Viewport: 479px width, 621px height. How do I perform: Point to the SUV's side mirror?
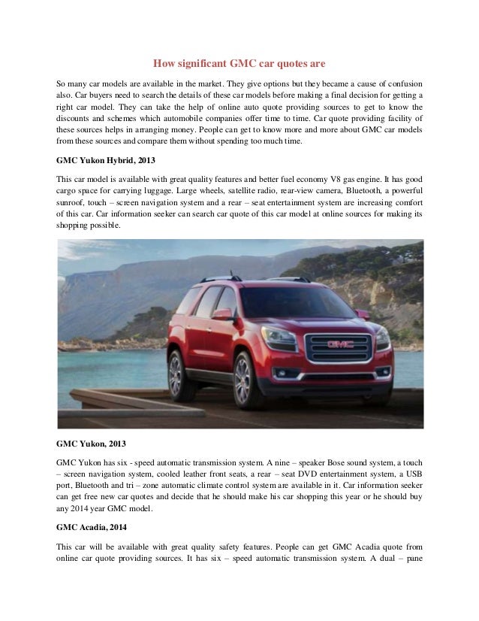pos(223,314)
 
